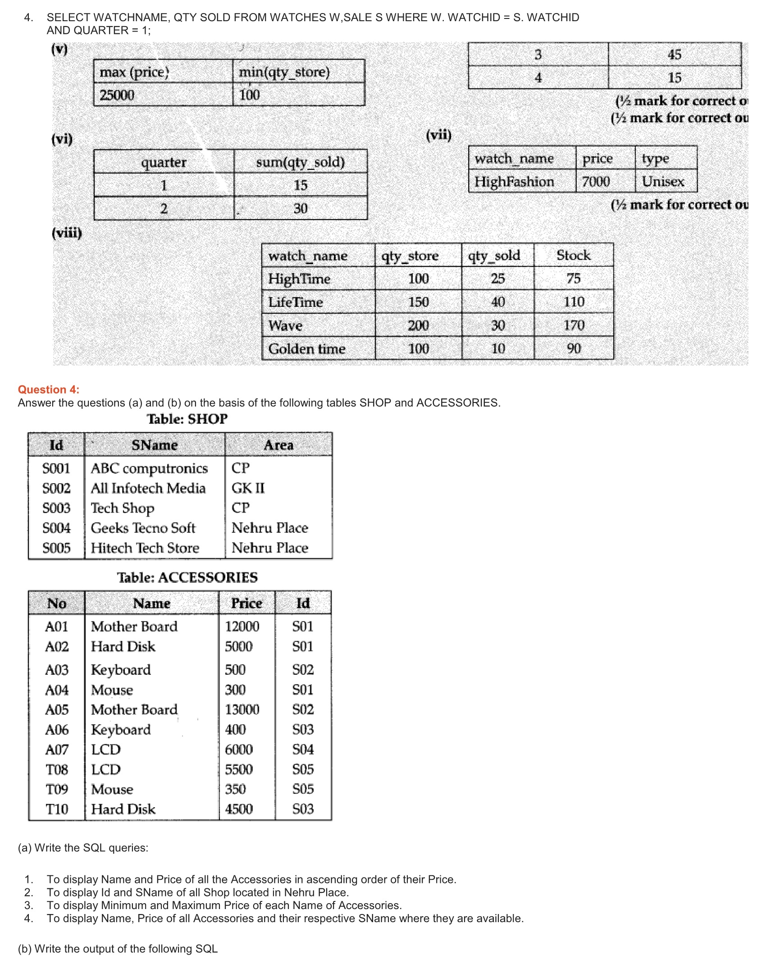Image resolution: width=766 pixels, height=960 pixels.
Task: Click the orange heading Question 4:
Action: (48, 389)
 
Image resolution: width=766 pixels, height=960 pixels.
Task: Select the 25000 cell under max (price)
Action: (117, 95)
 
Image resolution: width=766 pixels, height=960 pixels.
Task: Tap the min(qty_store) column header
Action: (284, 72)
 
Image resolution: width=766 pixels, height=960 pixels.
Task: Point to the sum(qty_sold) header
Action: (300, 162)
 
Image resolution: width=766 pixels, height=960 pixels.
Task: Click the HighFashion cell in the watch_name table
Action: (514, 182)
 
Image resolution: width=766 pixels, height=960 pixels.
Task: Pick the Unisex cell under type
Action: (663, 182)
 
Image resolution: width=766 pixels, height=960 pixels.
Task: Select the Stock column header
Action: (573, 256)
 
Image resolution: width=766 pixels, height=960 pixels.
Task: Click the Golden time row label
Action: (307, 349)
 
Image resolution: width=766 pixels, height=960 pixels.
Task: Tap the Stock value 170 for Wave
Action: (574, 325)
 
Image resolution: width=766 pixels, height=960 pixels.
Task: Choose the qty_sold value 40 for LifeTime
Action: (498, 302)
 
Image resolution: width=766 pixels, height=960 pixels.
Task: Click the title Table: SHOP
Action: (187, 419)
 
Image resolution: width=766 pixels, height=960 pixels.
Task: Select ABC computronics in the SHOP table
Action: (149, 469)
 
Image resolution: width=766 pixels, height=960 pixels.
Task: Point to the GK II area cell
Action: (248, 488)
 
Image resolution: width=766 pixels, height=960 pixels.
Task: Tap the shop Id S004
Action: (56, 528)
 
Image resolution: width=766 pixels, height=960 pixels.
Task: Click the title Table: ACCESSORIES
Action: (187, 578)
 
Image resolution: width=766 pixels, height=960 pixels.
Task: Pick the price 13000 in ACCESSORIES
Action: (242, 710)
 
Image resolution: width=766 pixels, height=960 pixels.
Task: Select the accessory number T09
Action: (57, 790)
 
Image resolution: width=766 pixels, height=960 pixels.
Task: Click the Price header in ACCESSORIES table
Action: (246, 603)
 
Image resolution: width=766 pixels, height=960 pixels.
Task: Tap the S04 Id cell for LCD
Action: (303, 750)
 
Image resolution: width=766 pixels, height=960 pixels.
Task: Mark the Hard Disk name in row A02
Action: (123, 647)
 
